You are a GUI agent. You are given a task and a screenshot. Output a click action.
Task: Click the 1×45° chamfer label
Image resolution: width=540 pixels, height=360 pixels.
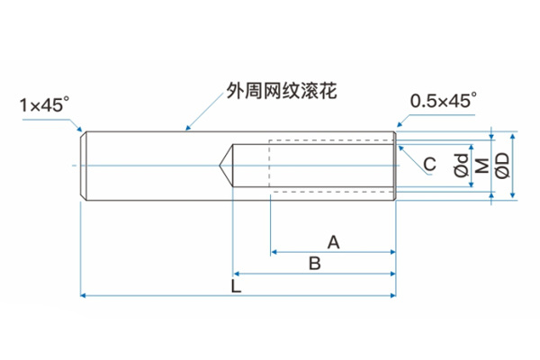click(x=44, y=105)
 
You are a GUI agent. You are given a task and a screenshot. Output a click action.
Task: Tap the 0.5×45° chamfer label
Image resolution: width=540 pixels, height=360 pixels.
click(x=443, y=101)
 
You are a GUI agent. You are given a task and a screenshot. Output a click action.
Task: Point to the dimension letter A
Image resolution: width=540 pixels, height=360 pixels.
click(x=333, y=241)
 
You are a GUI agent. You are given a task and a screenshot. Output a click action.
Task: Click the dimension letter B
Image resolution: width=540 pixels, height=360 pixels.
click(x=314, y=263)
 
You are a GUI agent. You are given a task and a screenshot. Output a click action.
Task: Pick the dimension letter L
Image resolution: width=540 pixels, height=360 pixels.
click(x=235, y=286)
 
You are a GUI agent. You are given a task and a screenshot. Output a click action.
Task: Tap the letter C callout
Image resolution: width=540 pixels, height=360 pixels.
click(x=429, y=164)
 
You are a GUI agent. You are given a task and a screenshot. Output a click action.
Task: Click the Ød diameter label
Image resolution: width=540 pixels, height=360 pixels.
click(x=460, y=165)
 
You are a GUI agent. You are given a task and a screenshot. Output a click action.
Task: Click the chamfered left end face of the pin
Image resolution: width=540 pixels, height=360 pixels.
click(x=83, y=165)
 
